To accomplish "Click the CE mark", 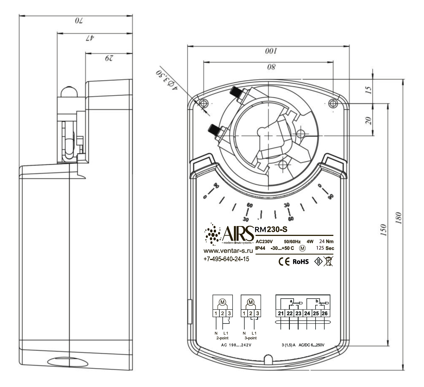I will (284, 262).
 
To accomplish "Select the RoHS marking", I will (301, 262).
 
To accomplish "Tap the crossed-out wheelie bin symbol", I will (328, 261).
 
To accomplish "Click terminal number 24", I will (307, 313).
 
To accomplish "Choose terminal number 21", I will (280, 313).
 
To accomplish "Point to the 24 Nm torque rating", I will (326, 241).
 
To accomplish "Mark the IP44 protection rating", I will (260, 248).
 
